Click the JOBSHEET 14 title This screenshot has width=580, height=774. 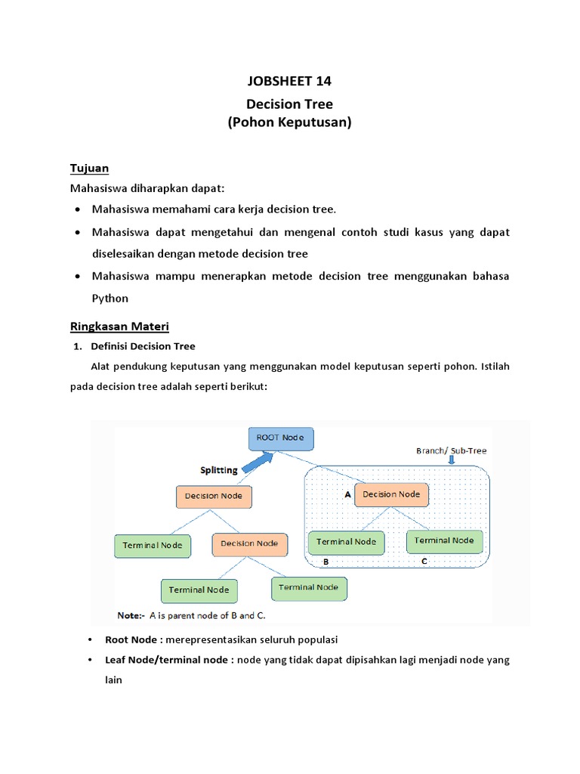point(290,82)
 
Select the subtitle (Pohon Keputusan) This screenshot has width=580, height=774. point(290,122)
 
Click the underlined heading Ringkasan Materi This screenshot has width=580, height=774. point(119,326)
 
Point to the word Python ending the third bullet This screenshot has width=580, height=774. point(110,298)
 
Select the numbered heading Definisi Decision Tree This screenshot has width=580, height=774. point(143,346)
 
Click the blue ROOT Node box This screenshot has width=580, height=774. point(281,438)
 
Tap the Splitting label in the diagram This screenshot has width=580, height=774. point(218,469)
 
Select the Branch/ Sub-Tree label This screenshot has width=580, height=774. point(451,450)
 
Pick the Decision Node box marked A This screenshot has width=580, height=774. point(391,494)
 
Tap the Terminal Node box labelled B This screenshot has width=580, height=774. point(346,542)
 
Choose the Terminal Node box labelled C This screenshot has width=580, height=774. point(444,540)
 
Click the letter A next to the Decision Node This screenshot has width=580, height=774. point(347,495)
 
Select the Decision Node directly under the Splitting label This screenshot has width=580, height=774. point(214,497)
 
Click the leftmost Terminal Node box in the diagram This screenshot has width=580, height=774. point(153,546)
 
